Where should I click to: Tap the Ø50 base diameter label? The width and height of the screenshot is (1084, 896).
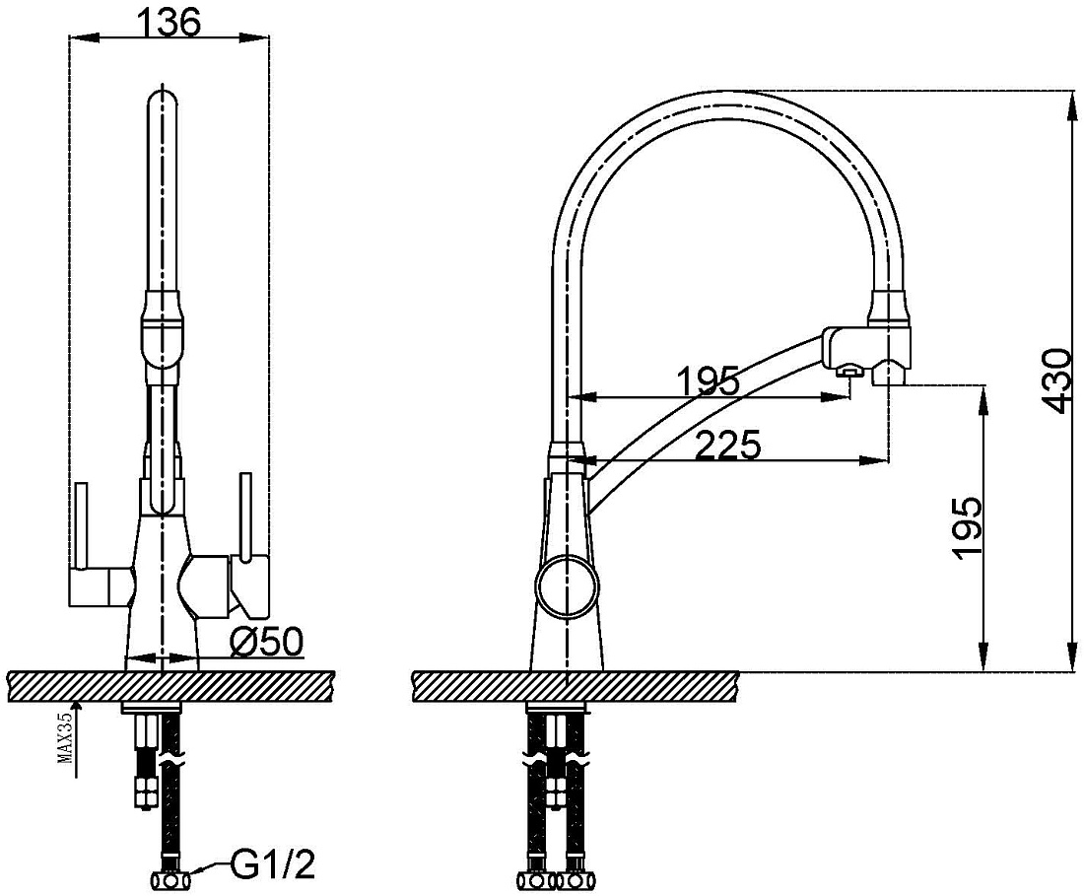(x=265, y=643)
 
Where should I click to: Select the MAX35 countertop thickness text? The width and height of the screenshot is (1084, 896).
(x=66, y=737)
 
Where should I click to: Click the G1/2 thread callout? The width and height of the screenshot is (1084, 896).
(x=272, y=864)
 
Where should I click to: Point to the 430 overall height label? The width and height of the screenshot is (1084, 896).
(x=1057, y=381)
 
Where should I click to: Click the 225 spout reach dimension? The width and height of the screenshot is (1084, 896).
(x=727, y=445)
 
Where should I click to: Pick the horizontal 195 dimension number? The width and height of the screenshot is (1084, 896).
(x=708, y=380)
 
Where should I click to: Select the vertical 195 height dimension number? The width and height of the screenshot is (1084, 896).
(x=967, y=526)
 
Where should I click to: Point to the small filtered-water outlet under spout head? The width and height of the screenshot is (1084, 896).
(x=848, y=373)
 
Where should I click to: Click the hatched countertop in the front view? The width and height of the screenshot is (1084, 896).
(x=170, y=686)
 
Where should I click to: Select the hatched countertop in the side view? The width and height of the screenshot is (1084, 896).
(x=576, y=686)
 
